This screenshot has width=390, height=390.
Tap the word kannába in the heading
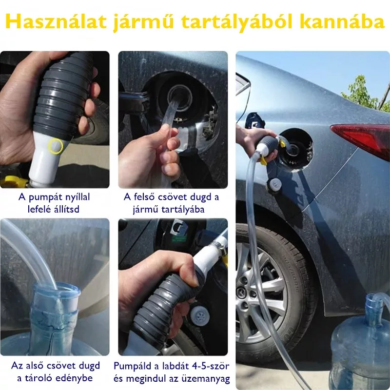pyautogui.click(x=342, y=21)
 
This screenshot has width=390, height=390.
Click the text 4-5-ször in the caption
pyautogui.click(x=211, y=366)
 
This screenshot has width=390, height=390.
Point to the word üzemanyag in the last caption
pyautogui.click(x=209, y=379)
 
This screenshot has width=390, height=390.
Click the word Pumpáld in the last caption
pyautogui.click(x=133, y=366)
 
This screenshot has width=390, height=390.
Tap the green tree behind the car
pyautogui.click(x=366, y=95)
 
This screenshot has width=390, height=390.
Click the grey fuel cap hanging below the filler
pyautogui.click(x=274, y=185)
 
